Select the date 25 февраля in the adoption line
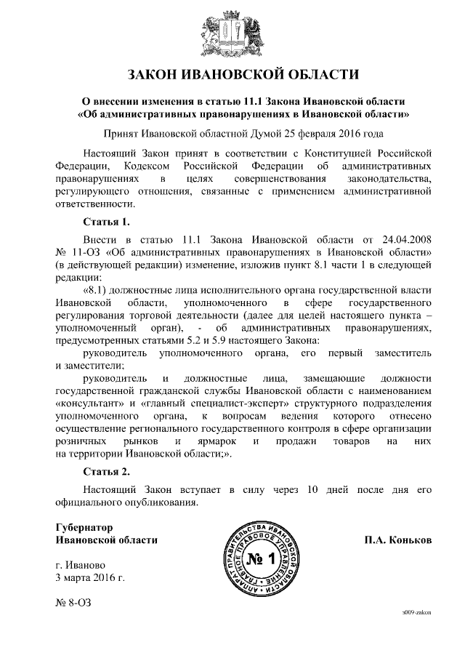[x=302, y=134]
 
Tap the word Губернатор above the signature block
[x=85, y=527]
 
